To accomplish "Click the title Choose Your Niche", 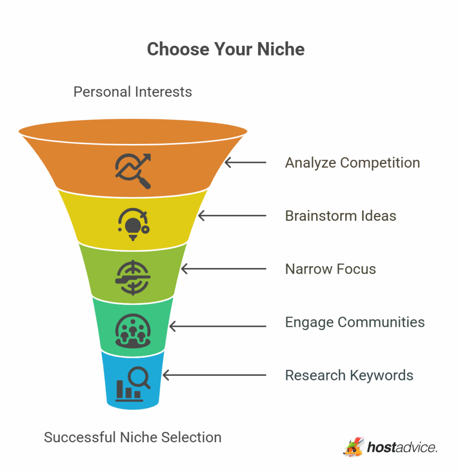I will [226, 50].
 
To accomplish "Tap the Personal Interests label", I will [133, 92].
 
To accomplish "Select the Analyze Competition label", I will [352, 162].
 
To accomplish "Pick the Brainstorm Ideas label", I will [341, 216].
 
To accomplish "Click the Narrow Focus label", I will [330, 269].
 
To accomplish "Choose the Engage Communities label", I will [354, 322].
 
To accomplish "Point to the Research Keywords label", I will [349, 375].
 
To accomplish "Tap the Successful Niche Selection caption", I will [133, 437].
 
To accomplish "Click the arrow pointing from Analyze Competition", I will [245, 162].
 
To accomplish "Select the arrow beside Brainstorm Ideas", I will [232, 216].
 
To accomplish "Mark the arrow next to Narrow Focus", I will [224, 269].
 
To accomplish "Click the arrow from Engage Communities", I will [218, 326].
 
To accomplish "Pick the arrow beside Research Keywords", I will [214, 375].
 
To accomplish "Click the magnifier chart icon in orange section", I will [133, 171].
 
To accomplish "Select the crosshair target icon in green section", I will [133, 277].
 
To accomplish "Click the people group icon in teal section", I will [133, 331].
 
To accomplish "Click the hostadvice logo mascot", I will [354, 447].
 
